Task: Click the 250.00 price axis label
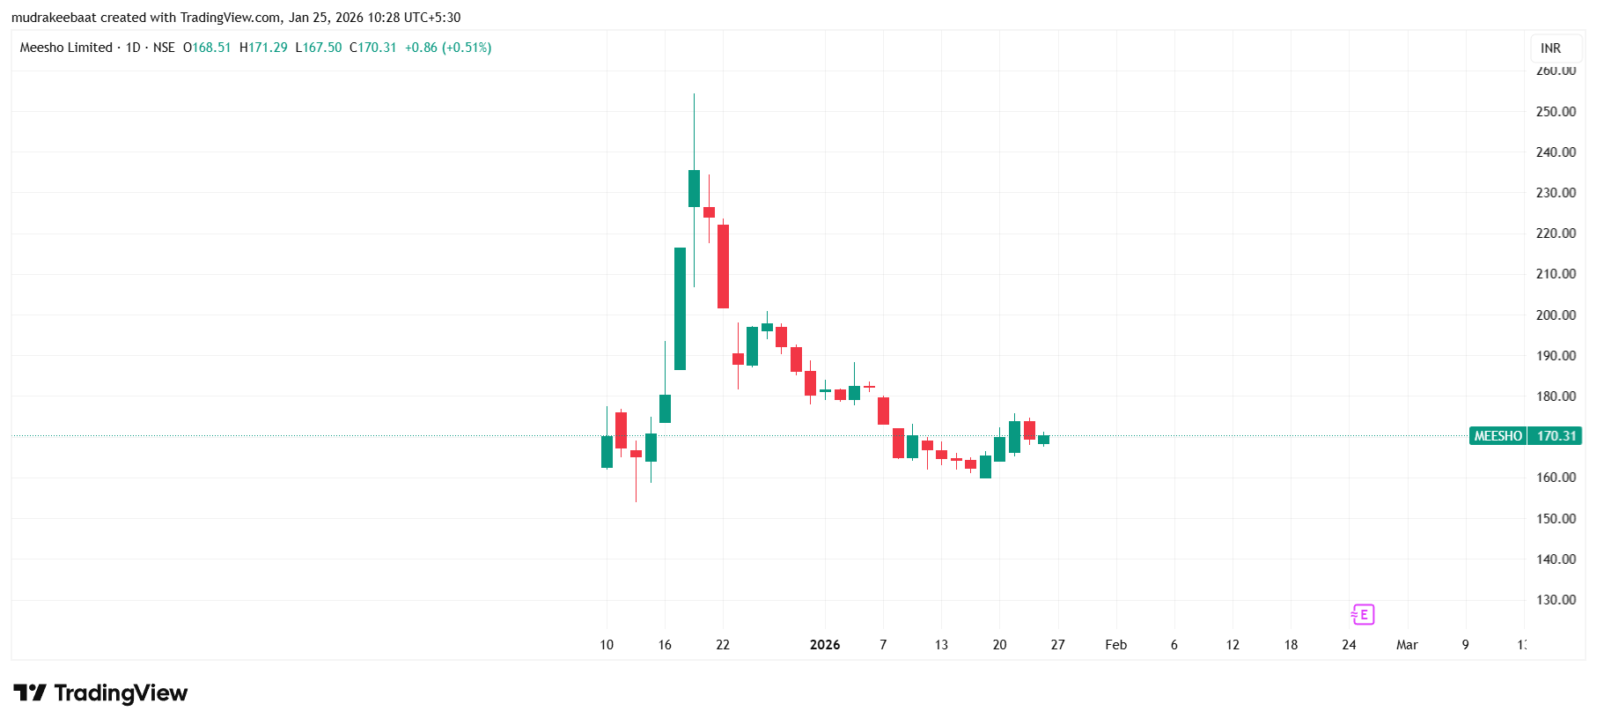coord(1555,112)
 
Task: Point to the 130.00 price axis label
coord(1555,600)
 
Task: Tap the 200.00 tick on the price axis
coord(1555,315)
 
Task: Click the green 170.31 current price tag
coord(1556,436)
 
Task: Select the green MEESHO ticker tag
coord(1498,436)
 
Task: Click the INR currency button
coord(1550,48)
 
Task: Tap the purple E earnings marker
coord(1363,614)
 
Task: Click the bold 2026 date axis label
coord(825,645)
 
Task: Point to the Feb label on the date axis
coord(1115,645)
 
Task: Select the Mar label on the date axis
coord(1406,645)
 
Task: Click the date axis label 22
coord(723,645)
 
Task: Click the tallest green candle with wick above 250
coord(694,189)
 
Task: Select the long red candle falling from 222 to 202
coord(723,266)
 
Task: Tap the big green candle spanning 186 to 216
coord(680,308)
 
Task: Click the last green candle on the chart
coord(1043,439)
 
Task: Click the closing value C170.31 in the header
coord(373,48)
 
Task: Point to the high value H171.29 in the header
coord(263,48)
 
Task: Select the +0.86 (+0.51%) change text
coord(448,48)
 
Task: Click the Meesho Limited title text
coord(66,48)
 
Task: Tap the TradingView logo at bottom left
coord(100,693)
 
